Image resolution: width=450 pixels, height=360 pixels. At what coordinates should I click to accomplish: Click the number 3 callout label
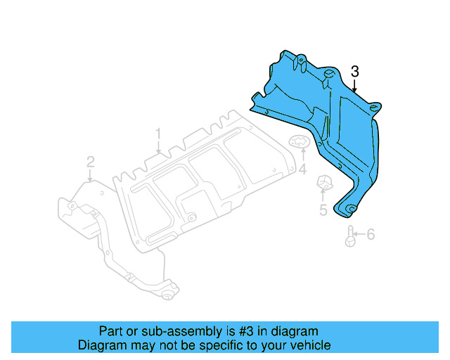click(x=355, y=71)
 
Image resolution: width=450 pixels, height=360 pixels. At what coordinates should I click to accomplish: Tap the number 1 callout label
click(x=159, y=133)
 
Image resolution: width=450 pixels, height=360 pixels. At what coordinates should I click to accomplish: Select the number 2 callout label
click(x=90, y=163)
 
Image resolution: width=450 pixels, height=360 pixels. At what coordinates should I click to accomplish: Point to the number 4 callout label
click(x=302, y=169)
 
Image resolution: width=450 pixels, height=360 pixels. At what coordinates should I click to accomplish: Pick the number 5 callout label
click(x=323, y=210)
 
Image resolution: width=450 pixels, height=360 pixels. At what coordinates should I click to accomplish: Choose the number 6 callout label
click(x=371, y=234)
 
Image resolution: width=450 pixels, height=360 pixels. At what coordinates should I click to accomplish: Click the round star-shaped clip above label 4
click(x=300, y=143)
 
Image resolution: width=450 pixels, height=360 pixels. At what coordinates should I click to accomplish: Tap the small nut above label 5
click(x=324, y=181)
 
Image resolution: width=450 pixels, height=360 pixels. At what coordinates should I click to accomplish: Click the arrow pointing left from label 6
click(x=358, y=234)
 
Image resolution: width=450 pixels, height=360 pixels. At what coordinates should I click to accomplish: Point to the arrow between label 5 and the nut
click(x=323, y=195)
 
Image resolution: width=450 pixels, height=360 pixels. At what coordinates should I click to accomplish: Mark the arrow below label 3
click(x=355, y=86)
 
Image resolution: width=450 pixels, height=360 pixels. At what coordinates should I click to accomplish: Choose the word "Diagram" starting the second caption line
click(x=99, y=345)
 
